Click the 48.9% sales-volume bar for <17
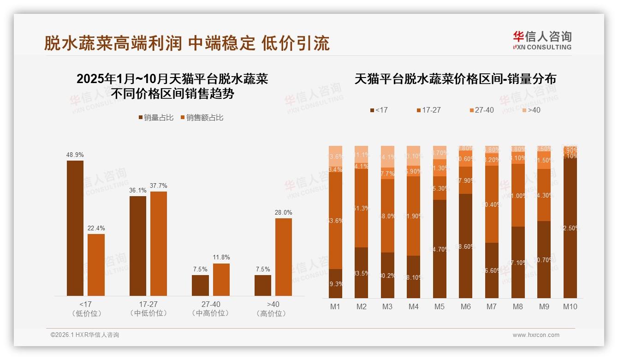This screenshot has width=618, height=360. click(75, 228)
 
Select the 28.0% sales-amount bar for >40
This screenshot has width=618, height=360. click(284, 257)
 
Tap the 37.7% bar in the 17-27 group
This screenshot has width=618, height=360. click(159, 244)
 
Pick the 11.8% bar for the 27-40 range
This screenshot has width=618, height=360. click(221, 280)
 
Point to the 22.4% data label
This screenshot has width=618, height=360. click(96, 228)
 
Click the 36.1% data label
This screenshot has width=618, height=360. click(138, 190)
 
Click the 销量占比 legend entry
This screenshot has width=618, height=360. click(156, 118)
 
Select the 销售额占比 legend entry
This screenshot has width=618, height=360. click(202, 118)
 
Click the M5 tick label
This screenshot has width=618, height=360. click(440, 306)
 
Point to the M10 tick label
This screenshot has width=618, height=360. click(570, 306)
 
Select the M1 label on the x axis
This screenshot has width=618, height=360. click(335, 306)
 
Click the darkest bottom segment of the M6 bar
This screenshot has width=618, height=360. click(466, 246)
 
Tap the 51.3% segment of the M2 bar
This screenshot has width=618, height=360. click(362, 209)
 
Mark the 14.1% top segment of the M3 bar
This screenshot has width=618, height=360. click(387, 156)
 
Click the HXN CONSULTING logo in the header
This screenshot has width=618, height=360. click(542, 41)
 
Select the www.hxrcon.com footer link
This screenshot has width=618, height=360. click(536, 335)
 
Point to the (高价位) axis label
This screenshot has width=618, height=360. click(273, 313)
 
